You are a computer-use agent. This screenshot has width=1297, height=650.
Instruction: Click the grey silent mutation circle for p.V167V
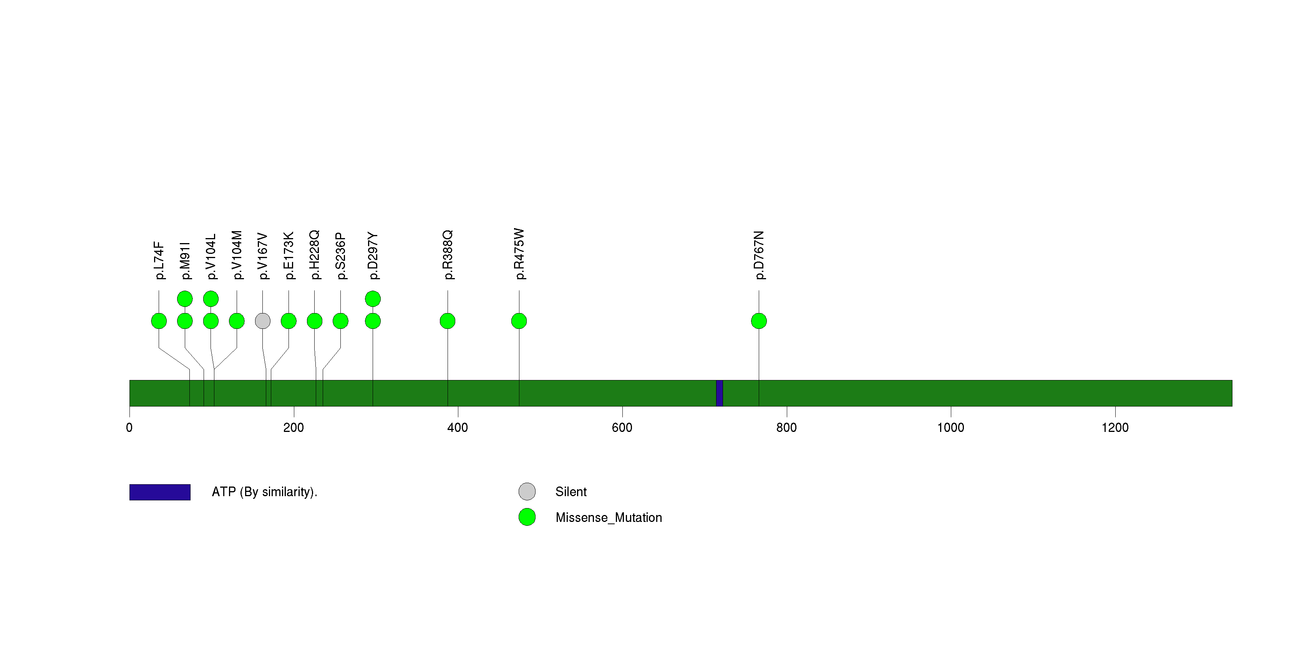[x=262, y=321]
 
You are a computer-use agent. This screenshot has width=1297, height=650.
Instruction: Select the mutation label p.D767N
[x=759, y=255]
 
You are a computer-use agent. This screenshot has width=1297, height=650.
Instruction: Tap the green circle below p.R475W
[x=519, y=321]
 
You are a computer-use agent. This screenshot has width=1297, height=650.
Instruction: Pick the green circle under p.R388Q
[x=448, y=321]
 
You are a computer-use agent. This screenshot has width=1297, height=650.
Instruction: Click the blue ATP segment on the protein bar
[x=720, y=393]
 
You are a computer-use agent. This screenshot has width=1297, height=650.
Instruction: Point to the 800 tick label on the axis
[x=786, y=428]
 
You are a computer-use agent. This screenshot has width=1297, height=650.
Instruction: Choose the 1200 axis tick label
[x=1115, y=428]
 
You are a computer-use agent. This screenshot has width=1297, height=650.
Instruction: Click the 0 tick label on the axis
[x=129, y=428]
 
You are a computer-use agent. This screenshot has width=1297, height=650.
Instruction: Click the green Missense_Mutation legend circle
[x=527, y=517]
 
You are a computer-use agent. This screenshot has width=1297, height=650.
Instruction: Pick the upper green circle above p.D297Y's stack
[x=373, y=299]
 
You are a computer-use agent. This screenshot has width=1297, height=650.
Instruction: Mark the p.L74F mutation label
[x=159, y=260]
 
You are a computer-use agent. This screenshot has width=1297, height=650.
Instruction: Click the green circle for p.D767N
[x=759, y=321]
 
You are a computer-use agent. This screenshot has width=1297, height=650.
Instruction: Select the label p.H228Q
[x=315, y=255]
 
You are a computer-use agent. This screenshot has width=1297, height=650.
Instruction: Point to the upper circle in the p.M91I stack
[x=185, y=299]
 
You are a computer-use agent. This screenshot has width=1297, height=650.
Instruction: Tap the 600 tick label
[x=622, y=428]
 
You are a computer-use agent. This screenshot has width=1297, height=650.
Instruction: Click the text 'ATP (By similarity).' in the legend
[x=264, y=492]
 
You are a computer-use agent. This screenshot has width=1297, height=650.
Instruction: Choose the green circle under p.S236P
[x=340, y=321]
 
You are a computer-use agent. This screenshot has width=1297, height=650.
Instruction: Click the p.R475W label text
[x=519, y=254]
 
